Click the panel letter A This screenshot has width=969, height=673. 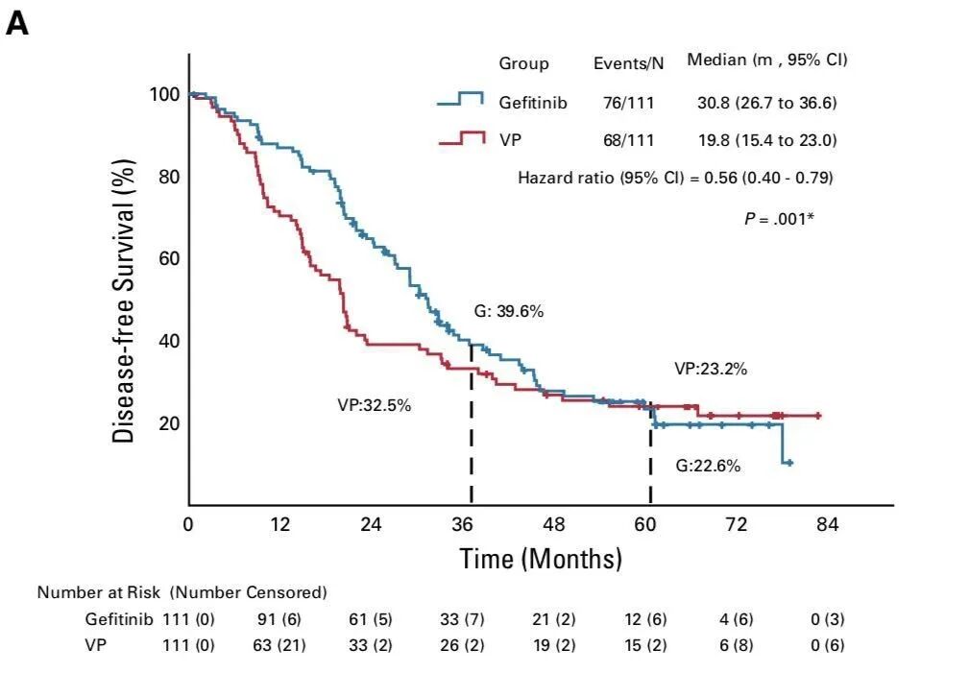pyautogui.click(x=17, y=24)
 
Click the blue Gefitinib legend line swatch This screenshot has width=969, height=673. pyautogui.click(x=460, y=100)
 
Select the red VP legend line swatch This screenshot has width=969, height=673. pyautogui.click(x=460, y=138)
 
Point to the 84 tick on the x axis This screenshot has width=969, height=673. pyautogui.click(x=827, y=525)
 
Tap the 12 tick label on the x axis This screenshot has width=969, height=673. pyautogui.click(x=279, y=525)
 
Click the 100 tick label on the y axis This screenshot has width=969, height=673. pyautogui.click(x=164, y=94)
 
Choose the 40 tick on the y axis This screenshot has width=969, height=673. pyautogui.click(x=168, y=341)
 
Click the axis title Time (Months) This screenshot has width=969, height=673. pyautogui.click(x=541, y=559)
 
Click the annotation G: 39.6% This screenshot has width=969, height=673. pyautogui.click(x=509, y=311)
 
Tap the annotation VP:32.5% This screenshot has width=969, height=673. pyautogui.click(x=374, y=405)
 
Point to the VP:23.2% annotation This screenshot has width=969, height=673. pyautogui.click(x=710, y=368)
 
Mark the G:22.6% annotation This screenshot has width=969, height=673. pyautogui.click(x=708, y=466)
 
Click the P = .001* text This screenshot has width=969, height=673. pyautogui.click(x=779, y=218)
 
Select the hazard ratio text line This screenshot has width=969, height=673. pyautogui.click(x=675, y=178)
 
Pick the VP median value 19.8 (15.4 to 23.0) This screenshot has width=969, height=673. pyautogui.click(x=767, y=140)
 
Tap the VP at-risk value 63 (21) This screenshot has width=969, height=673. pyautogui.click(x=279, y=645)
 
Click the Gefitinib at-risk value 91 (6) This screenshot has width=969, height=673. pyautogui.click(x=279, y=619)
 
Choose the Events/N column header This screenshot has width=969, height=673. pyautogui.click(x=628, y=63)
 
